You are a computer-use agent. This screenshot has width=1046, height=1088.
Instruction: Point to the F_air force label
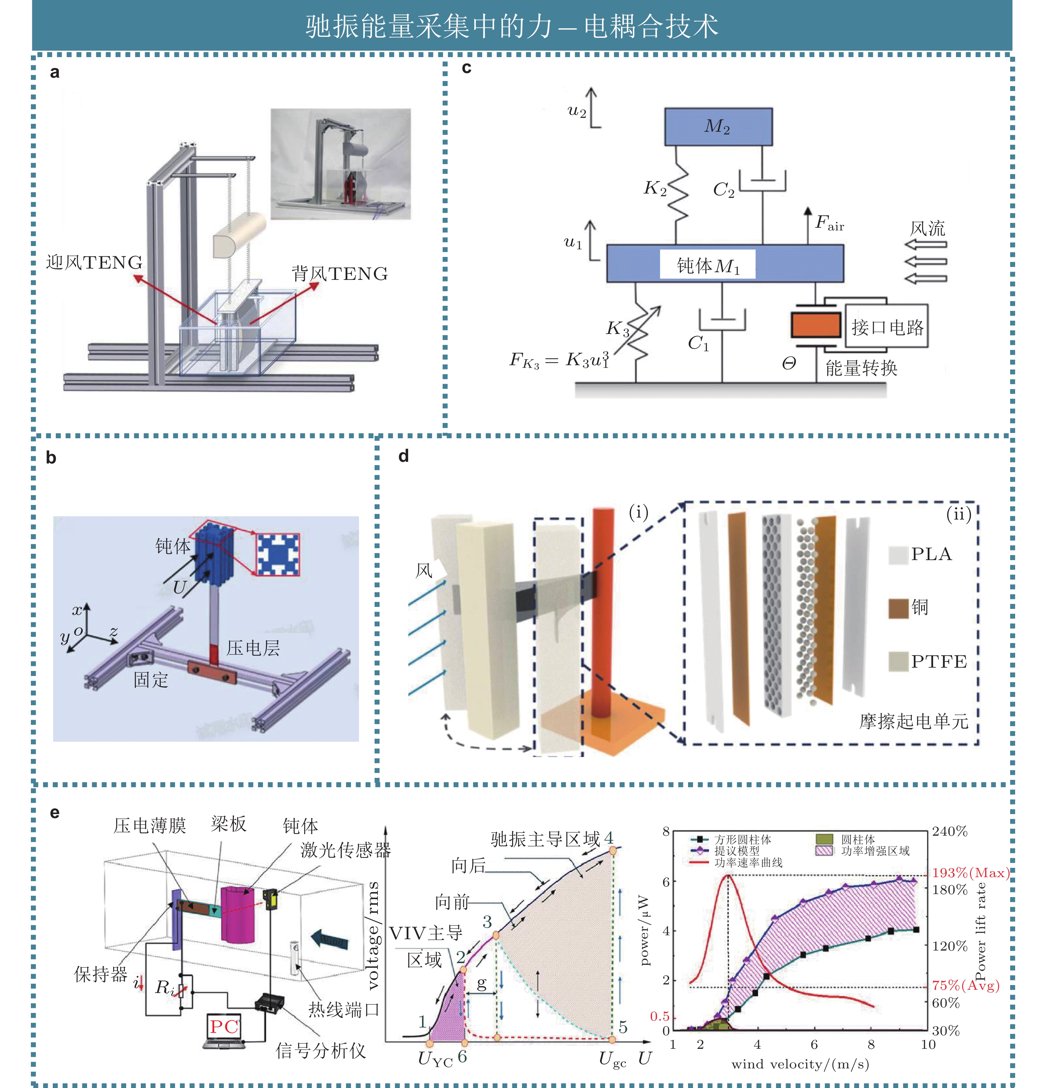click(829, 223)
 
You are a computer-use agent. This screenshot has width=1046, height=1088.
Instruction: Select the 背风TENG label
click(339, 273)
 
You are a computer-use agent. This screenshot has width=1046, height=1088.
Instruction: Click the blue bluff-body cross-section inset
click(278, 554)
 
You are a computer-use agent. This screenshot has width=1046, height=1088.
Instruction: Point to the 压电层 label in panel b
click(253, 648)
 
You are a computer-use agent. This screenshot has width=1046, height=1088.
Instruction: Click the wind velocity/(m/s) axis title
click(800, 1064)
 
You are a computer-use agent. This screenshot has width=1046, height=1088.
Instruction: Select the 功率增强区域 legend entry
click(862, 851)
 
